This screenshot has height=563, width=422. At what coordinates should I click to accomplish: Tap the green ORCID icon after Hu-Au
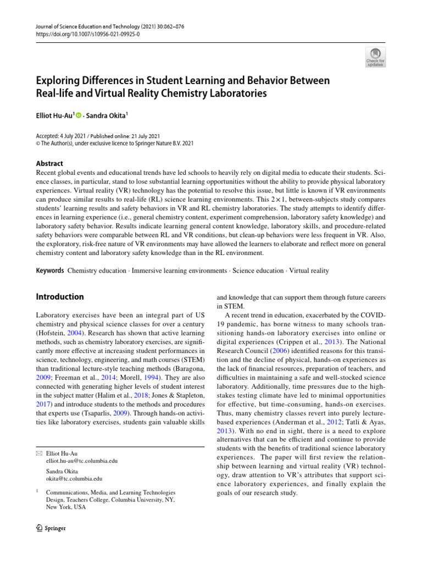(79, 115)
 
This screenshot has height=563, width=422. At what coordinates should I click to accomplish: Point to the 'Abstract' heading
(49, 163)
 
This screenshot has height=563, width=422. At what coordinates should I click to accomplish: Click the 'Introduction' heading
(59, 297)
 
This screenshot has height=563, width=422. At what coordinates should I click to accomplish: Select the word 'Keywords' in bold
(49, 271)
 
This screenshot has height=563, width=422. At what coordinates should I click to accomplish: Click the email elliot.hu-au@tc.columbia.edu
(82, 461)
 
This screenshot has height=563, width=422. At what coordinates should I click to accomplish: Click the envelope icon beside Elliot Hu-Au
(38, 452)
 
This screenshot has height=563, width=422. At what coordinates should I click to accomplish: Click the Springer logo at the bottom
(51, 528)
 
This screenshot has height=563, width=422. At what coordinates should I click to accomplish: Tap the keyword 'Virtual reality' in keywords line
(309, 271)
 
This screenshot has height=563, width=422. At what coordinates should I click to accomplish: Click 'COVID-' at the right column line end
(373, 316)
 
